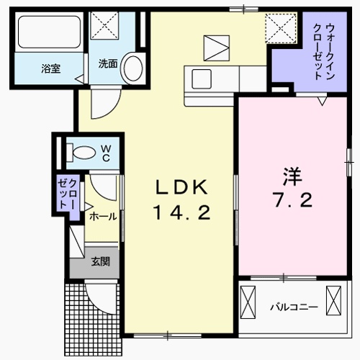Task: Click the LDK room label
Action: [x=182, y=188]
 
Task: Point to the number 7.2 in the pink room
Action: [x=292, y=201]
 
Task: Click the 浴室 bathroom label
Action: [x=50, y=69]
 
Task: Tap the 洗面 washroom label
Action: [x=107, y=63]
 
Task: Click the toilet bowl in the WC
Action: [x=82, y=152]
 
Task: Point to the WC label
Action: [x=105, y=152]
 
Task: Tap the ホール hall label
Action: [x=102, y=216]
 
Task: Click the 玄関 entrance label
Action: [x=100, y=262]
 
